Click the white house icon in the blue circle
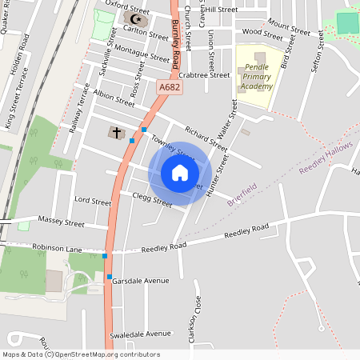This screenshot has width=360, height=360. (x=179, y=173)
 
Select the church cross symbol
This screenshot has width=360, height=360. (x=117, y=132)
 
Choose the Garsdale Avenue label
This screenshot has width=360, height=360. (x=141, y=281)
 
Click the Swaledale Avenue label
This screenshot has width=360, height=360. (x=142, y=333)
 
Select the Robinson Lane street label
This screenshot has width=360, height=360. (x=58, y=249)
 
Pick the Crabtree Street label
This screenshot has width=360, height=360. (x=205, y=75)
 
